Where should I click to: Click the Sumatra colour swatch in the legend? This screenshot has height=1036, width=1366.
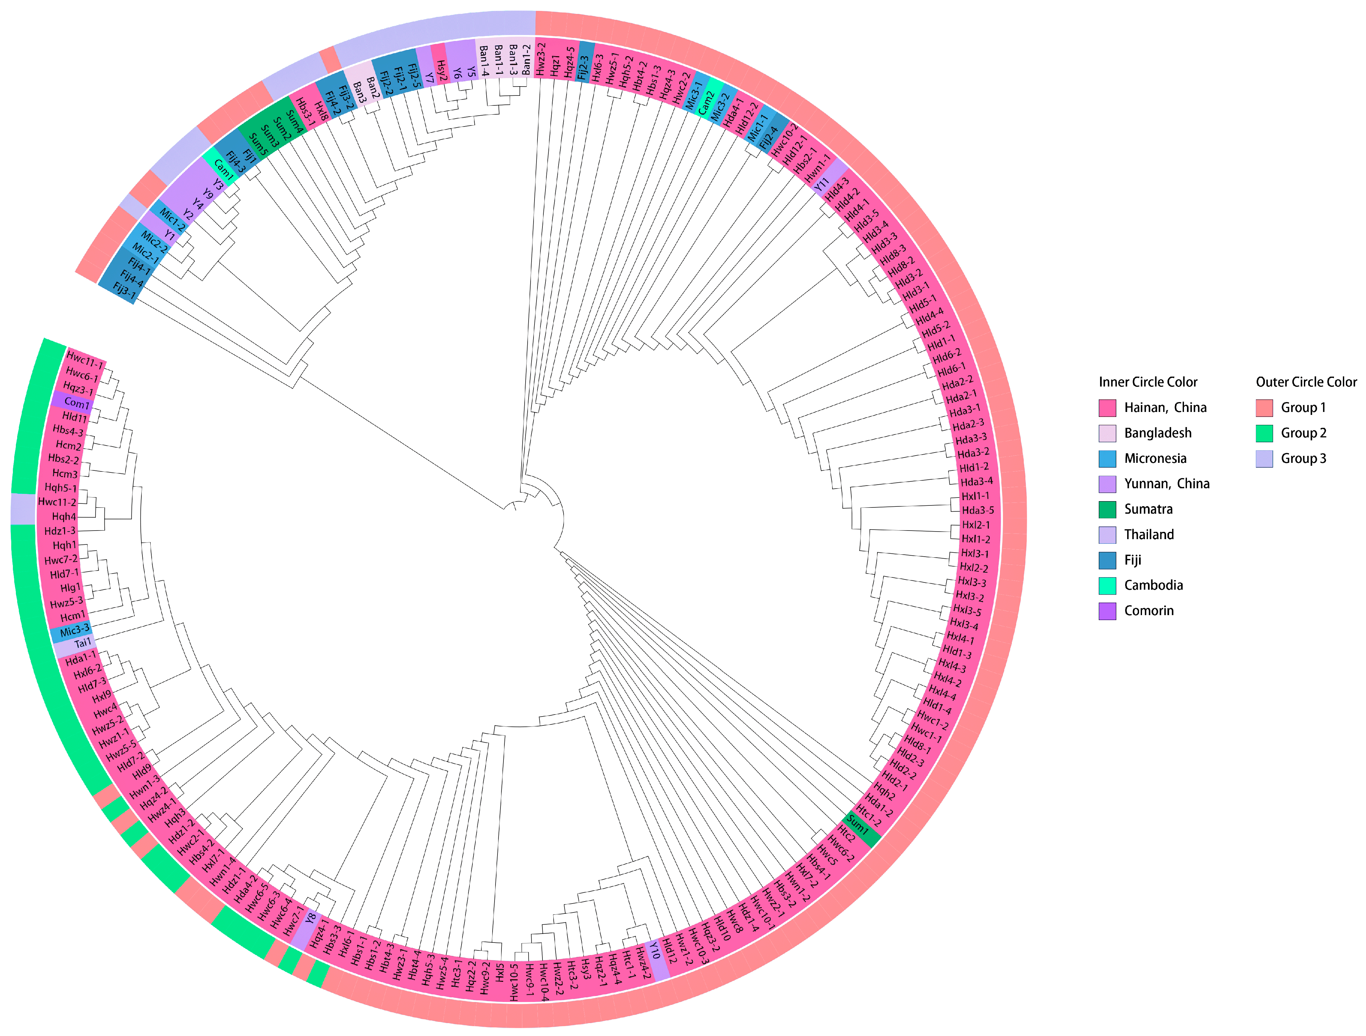pyautogui.click(x=1107, y=509)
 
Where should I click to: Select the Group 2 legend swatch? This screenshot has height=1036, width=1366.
pyautogui.click(x=1264, y=433)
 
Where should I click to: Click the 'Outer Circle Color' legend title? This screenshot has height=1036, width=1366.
pyautogui.click(x=1306, y=382)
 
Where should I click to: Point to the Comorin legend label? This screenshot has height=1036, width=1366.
pyautogui.click(x=1149, y=610)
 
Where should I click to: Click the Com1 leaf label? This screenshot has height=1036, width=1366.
pyautogui.click(x=77, y=403)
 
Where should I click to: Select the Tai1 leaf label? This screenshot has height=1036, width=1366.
pyautogui.click(x=83, y=643)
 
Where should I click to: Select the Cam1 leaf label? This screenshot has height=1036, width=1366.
pyautogui.click(x=224, y=168)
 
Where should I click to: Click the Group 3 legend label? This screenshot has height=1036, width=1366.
pyautogui.click(x=1303, y=459)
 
